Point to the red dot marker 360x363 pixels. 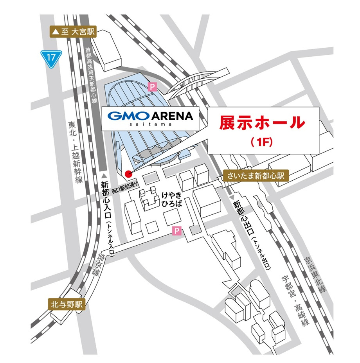(x=128, y=174)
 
